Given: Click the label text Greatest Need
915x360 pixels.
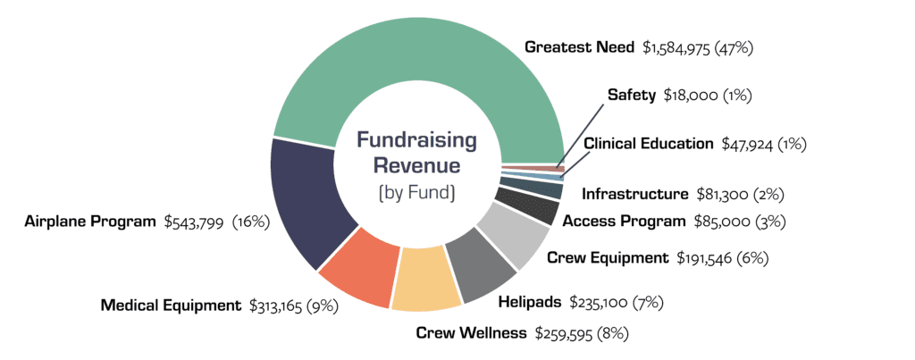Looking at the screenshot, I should coord(579,47).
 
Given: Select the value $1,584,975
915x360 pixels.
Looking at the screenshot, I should coord(679,47).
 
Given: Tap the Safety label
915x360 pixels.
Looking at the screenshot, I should coord(632,94).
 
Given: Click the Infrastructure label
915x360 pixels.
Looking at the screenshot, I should coord(635,193).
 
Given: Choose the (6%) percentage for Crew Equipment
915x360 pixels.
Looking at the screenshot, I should coord(753,258).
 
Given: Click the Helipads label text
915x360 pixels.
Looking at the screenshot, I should coord(529,302).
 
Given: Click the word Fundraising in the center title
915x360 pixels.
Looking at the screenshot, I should coord(416,139).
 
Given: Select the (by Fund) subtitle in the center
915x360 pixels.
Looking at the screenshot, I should coord(416,192).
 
